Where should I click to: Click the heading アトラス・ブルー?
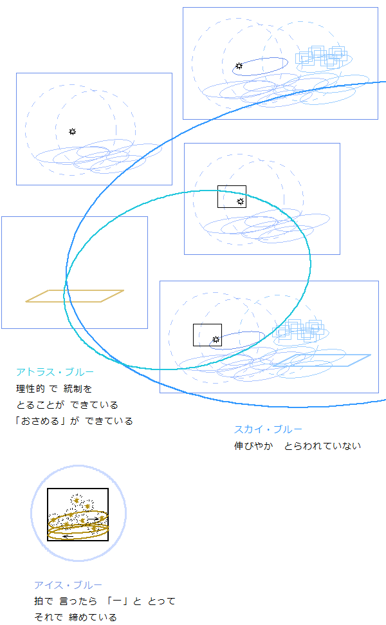point(55,372)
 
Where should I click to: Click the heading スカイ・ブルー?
point(268,429)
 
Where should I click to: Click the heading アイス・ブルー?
point(68,584)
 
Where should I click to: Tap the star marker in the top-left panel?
point(72,131)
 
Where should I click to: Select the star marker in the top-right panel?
point(239,66)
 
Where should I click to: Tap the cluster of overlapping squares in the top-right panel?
point(321,56)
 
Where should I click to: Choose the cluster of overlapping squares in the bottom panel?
point(298,330)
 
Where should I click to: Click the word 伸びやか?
point(253,445)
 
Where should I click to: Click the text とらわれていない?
point(323,445)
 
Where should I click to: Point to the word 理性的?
point(30,389)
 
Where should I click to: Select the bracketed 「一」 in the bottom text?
point(117,601)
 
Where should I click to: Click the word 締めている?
point(93,617)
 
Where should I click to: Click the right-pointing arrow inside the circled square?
point(93,519)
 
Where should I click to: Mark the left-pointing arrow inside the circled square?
point(68,537)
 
